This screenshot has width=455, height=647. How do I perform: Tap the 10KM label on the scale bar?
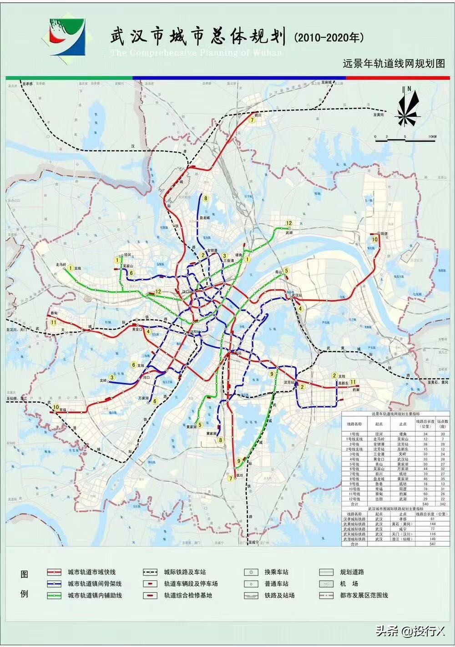point(431,136)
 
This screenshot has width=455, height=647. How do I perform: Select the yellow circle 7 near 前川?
point(251,120)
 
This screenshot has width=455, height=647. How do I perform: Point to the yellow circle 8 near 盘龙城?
point(206,198)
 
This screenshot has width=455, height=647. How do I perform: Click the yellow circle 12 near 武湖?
point(288,223)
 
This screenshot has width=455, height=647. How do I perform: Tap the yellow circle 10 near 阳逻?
point(375,239)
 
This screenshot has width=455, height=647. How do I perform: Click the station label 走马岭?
point(61,264)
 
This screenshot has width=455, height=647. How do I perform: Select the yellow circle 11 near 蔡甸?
point(54,322)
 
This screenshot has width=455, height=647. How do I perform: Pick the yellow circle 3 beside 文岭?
point(112,377)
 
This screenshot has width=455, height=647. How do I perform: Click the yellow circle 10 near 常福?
point(56,407)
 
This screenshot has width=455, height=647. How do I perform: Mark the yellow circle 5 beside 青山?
point(287,271)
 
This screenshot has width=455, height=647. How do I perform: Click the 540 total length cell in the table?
point(425,504)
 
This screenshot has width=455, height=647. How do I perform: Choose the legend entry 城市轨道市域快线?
point(91,572)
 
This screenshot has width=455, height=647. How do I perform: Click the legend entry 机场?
point(349,584)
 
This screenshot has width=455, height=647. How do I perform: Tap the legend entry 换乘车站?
point(276,572)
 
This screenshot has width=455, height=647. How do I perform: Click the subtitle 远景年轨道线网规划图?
point(393,64)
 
